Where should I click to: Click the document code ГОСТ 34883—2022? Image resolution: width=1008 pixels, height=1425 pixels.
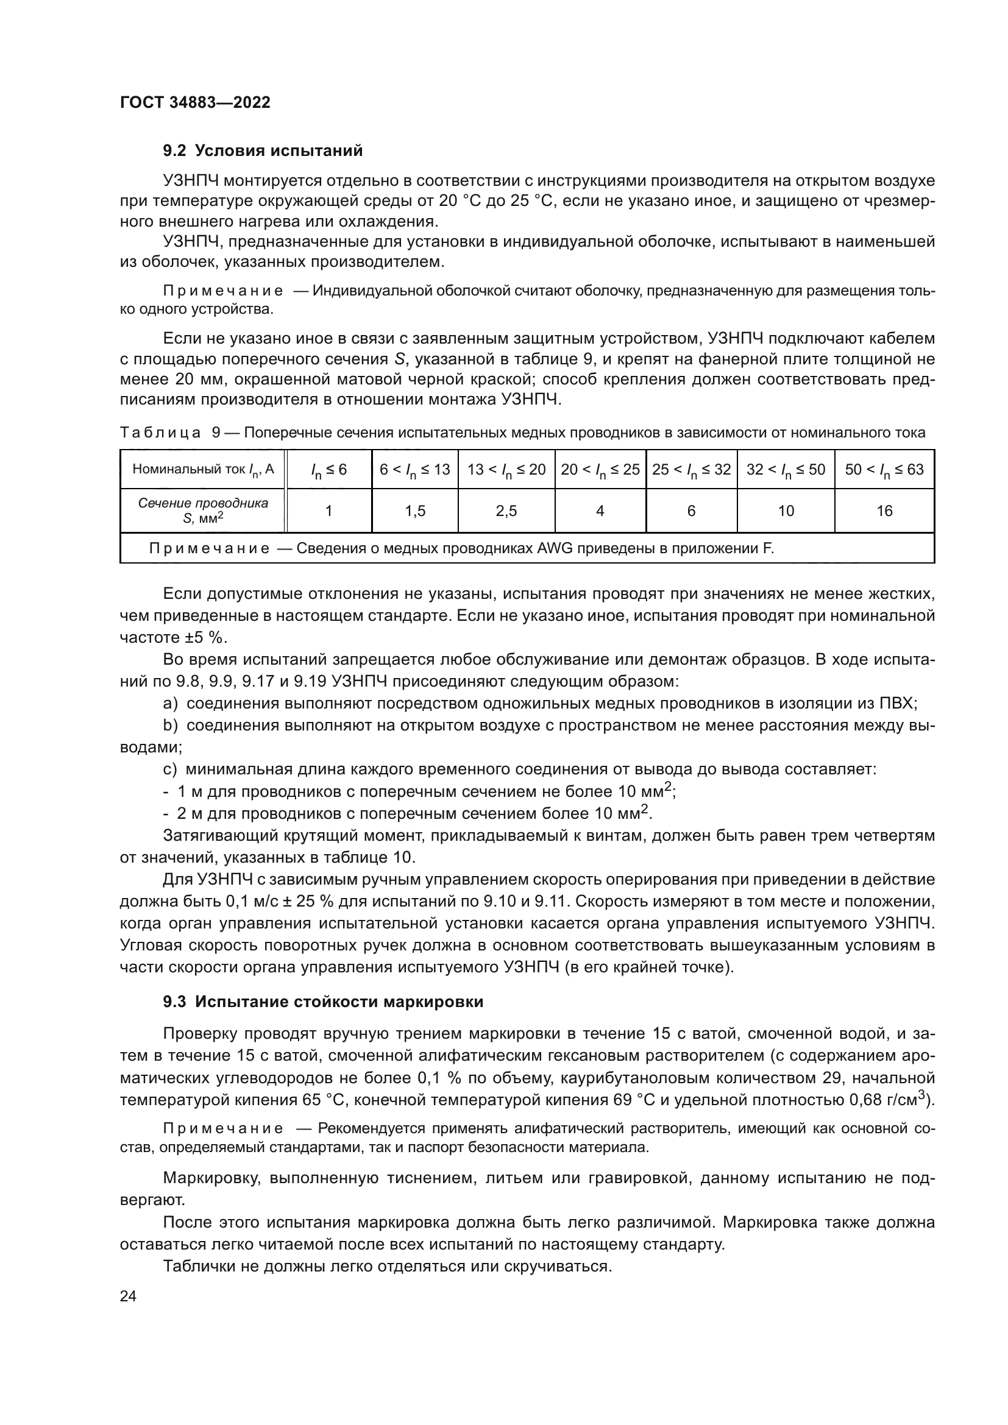[195, 102]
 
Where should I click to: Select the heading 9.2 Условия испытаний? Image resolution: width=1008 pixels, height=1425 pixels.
[263, 151]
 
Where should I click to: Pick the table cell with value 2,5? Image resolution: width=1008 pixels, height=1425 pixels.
[506, 511]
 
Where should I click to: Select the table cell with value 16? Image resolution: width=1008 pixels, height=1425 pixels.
[884, 511]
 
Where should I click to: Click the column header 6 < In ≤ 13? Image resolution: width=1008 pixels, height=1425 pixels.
[414, 470]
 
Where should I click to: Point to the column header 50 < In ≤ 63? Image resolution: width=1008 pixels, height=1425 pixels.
[884, 470]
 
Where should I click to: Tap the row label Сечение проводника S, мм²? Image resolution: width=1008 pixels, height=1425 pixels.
[203, 510]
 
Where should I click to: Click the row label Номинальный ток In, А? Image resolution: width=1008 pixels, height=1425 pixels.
[203, 469]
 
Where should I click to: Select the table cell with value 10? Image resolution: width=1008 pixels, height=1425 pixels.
[786, 511]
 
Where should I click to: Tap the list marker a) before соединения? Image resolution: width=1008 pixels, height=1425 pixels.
[170, 703]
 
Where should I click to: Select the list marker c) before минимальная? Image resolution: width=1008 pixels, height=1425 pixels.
[170, 769]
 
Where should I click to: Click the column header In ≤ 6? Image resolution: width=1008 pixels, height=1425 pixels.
[328, 470]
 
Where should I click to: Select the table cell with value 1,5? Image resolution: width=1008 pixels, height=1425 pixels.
[414, 511]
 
